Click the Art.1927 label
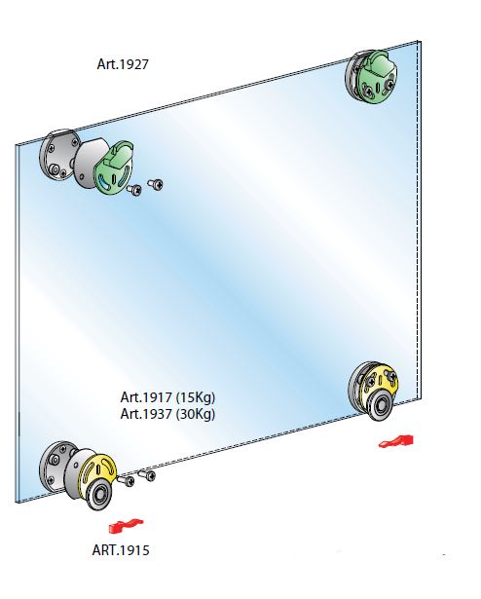123,64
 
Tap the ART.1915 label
121,550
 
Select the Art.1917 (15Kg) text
167,397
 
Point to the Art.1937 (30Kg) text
167,414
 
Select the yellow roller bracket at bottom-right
382,381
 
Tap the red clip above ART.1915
126,526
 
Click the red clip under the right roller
396,441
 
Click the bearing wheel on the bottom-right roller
381,406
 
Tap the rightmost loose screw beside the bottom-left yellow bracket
146,475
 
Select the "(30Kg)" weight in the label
196,414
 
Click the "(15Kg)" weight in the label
196,397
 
